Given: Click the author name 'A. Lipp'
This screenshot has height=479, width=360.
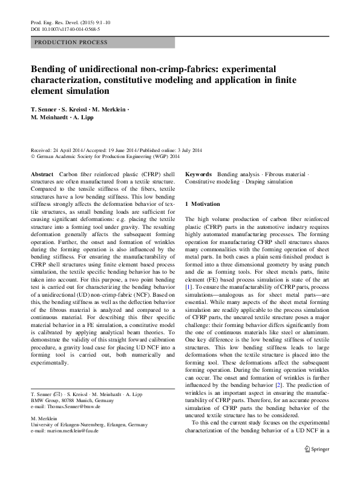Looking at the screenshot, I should [86, 117].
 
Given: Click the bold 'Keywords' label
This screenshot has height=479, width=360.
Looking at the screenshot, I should [198, 174].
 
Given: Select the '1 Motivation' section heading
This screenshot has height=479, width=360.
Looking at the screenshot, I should [203, 203].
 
